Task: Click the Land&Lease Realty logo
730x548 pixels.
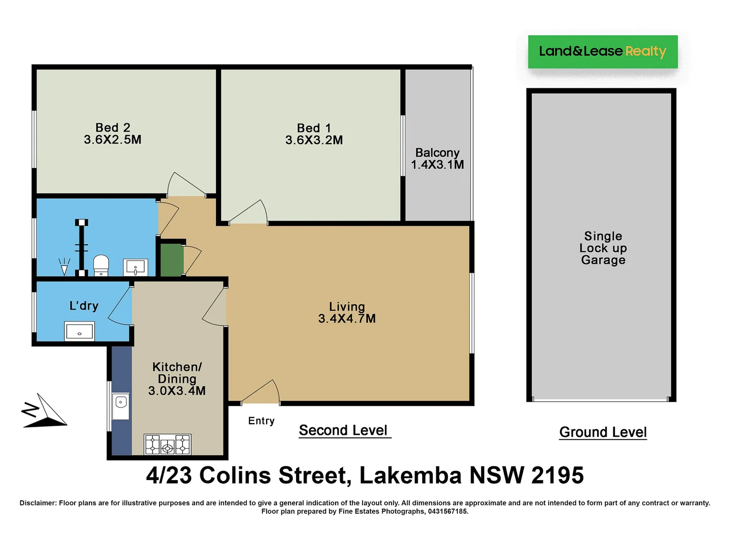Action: coord(602,51)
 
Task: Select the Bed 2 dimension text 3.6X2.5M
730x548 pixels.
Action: coord(113,140)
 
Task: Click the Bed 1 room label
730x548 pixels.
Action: coord(314,128)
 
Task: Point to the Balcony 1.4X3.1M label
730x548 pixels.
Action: coord(437,158)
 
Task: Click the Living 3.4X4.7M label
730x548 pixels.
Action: coord(347,313)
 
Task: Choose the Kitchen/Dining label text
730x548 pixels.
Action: coord(177,373)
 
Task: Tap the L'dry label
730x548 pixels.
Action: coord(84,305)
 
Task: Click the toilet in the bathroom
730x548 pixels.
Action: coord(101,265)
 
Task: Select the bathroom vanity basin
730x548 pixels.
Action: coord(136,267)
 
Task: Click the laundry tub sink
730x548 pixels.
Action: coord(79,331)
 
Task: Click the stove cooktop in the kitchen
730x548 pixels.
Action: coord(167,444)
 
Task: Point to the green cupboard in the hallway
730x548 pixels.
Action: coord(172,260)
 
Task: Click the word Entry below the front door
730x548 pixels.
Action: coord(261,421)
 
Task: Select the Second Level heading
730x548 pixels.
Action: coord(344,430)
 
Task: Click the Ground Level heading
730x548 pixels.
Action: coord(603,432)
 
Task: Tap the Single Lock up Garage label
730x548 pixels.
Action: coord(603,248)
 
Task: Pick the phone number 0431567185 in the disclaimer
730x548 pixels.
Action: coord(447,511)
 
